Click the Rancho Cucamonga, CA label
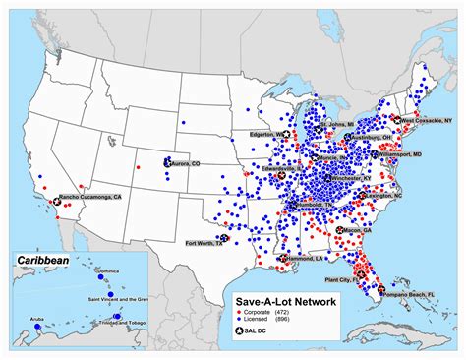90,198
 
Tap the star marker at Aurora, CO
167,163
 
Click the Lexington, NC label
383,196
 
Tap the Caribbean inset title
41,261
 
